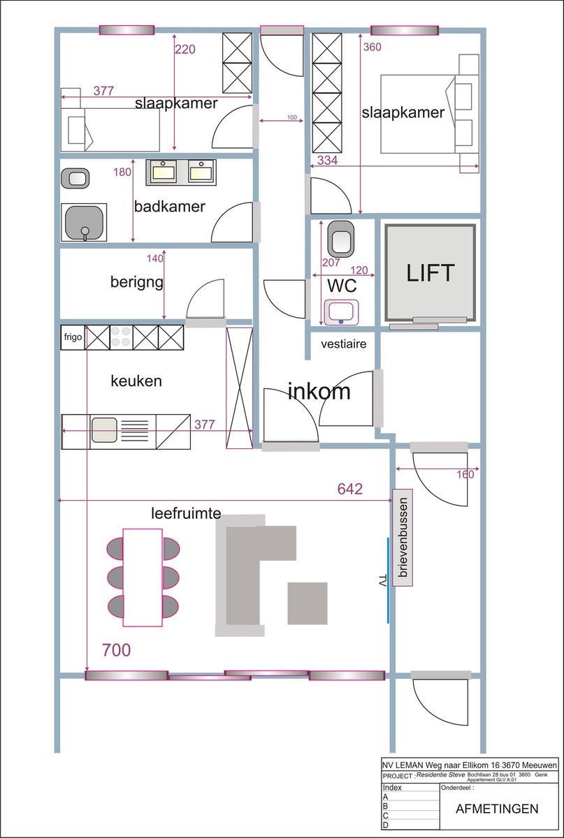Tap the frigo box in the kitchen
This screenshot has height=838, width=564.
[x=73, y=337]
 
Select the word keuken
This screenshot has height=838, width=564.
[x=136, y=381]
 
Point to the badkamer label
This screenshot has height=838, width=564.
[x=170, y=206]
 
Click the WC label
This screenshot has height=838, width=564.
[x=342, y=286]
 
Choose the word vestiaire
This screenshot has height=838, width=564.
[x=343, y=344]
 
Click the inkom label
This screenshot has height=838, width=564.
[x=319, y=391]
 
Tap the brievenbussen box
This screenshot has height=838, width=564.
[x=403, y=537]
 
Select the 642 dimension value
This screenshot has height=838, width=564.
[x=349, y=489]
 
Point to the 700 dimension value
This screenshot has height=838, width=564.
[x=117, y=650]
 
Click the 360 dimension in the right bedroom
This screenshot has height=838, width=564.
[x=373, y=47]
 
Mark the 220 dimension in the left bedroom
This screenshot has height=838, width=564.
[x=185, y=49]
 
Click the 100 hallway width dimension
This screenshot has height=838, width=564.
[x=291, y=117]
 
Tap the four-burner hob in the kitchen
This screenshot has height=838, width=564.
[x=121, y=337]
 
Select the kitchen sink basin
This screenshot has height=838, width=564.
[x=105, y=430]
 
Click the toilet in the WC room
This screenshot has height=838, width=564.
[x=341, y=239]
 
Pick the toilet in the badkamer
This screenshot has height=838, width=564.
[x=75, y=179]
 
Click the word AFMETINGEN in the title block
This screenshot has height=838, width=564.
[x=497, y=809]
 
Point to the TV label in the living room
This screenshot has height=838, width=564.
[x=382, y=580]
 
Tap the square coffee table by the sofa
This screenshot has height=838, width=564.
[x=308, y=603]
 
